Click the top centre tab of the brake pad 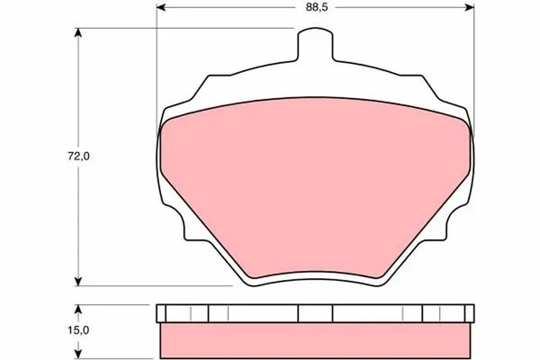314,42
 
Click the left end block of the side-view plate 162,313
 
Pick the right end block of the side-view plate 466,313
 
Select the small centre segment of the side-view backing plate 314,313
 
